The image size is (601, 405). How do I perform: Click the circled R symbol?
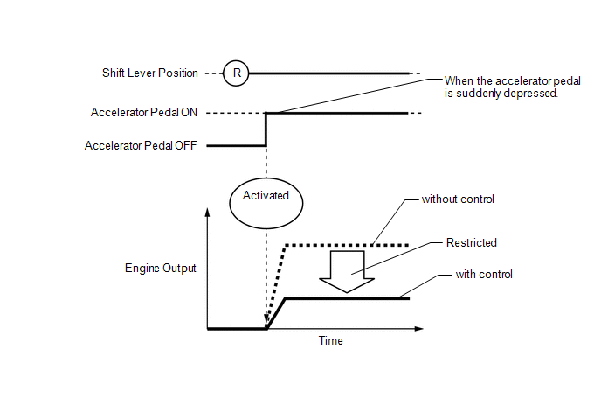235,73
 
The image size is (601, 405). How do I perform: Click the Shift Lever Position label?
150,73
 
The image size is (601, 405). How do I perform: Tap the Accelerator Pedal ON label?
144,113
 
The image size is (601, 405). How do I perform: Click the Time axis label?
330,340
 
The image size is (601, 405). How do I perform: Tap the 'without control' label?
458,199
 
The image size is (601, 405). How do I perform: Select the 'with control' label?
484,274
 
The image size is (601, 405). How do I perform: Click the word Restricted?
472,243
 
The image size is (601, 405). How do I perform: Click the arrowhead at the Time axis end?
419,329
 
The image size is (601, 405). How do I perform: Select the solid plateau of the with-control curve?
349,299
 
